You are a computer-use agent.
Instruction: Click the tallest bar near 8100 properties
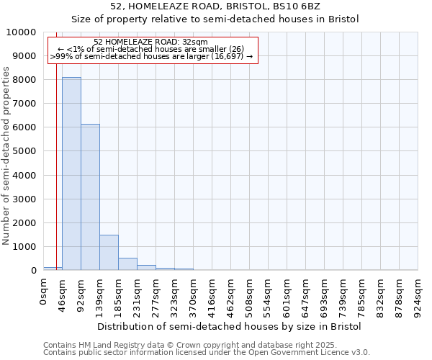[71, 174]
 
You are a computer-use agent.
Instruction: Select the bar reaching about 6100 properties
[90, 197]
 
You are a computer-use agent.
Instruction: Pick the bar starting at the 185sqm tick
[127, 264]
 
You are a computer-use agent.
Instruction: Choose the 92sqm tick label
[81, 295]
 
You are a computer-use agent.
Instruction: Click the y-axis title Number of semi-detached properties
[6, 156]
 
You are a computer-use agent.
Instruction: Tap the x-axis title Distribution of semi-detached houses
[228, 326]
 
